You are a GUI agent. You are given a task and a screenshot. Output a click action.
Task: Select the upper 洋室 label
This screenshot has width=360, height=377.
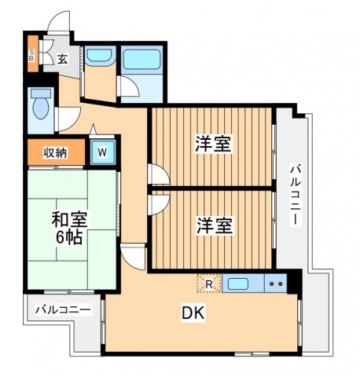[x=212, y=145]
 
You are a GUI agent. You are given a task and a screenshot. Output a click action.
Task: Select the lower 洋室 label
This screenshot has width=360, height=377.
[x=212, y=225]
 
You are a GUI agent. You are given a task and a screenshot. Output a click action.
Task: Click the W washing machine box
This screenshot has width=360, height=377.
[x=102, y=152]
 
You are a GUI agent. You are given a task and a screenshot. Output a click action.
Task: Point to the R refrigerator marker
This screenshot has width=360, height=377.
[x=208, y=284]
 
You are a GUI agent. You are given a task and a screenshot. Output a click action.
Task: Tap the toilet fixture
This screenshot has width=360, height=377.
[x=40, y=103]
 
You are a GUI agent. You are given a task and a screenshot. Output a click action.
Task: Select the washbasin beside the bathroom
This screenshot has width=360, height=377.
[x=99, y=57]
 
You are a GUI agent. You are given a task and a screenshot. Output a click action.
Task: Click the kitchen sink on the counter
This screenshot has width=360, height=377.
[x=240, y=284]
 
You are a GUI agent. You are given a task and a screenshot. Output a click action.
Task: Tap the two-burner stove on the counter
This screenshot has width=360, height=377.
[x=276, y=284]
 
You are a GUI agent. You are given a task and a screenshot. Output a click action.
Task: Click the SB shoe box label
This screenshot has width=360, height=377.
[x=31, y=55]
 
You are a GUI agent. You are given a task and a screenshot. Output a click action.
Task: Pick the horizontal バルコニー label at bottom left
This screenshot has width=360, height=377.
[x=63, y=309]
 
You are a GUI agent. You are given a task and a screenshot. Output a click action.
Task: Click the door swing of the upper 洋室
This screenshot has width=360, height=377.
[x=156, y=175]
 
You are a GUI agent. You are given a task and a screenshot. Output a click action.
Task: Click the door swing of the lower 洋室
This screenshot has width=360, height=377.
[x=156, y=203]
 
